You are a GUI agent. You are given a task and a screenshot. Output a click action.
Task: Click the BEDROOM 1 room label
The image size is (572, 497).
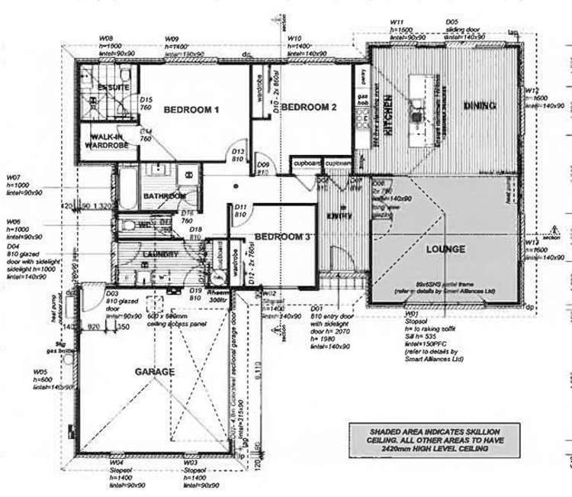[x=191, y=110]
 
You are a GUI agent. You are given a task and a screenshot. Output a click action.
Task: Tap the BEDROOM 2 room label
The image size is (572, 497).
[x=309, y=108]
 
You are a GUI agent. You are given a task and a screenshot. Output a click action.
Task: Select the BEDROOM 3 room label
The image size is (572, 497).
[x=283, y=237]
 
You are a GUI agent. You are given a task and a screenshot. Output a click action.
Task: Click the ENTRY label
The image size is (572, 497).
[x=340, y=216]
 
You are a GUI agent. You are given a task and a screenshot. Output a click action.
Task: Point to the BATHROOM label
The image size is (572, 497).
[x=163, y=196]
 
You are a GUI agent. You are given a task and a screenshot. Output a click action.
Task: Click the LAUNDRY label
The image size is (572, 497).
[x=160, y=253]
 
